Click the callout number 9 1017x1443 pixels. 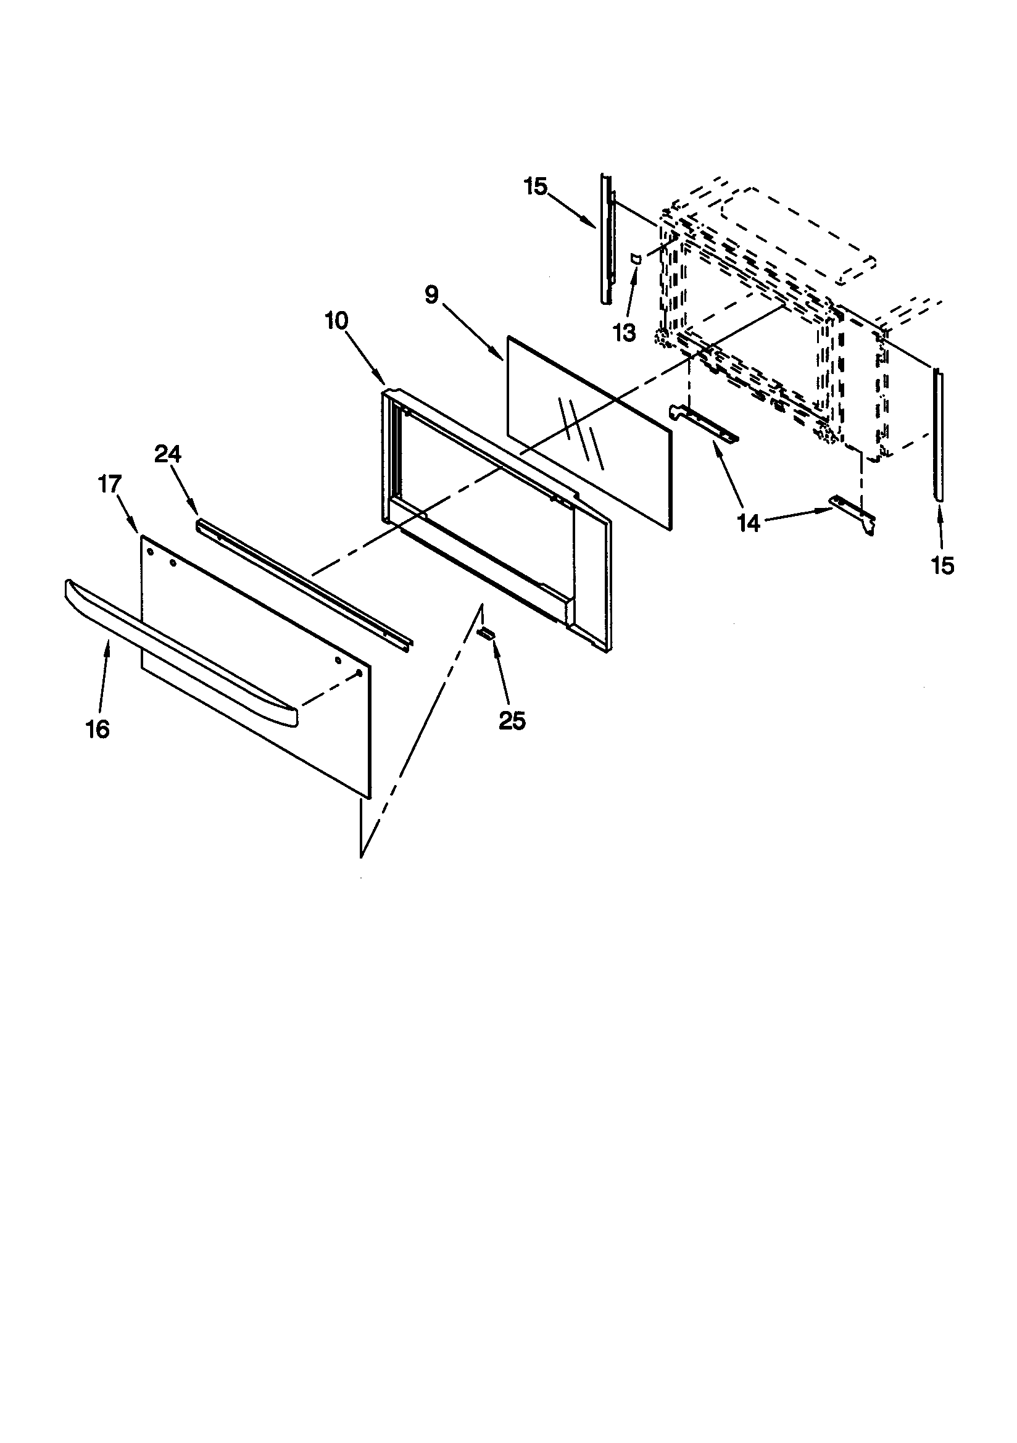coord(431,294)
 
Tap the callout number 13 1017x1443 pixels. coord(625,333)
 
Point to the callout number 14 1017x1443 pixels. coord(749,522)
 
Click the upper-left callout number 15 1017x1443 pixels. coord(536,186)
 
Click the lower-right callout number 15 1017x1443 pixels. coord(943,565)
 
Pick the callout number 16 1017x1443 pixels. coord(98,729)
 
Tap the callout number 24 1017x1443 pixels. coord(167,454)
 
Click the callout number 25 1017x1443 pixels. coord(512,721)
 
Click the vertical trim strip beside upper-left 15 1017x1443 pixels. coord(606,239)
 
